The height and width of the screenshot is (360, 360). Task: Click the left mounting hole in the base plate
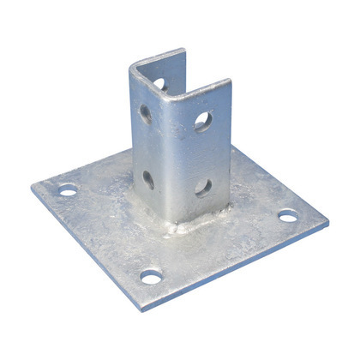coord(68,192)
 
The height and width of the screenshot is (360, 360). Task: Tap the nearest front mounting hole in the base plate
coord(151,276)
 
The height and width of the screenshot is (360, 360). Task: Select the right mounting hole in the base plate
coord(288,215)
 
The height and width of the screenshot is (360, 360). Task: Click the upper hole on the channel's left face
coord(146,112)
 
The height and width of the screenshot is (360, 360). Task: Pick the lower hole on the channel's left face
coord(148,179)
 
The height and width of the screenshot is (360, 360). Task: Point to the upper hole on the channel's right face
coord(202,120)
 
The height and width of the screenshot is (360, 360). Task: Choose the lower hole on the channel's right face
coord(203,186)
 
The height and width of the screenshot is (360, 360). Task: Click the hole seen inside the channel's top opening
coord(159,84)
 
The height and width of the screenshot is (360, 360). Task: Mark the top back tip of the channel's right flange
coord(230,82)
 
